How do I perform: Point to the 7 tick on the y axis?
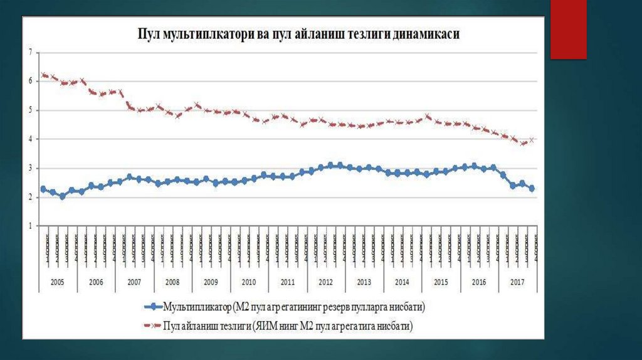pos(29,52)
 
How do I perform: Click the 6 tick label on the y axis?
pos(29,81)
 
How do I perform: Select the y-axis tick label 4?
pos(29,139)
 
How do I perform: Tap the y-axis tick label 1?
pos(29,226)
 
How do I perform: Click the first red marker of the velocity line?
pos(43,75)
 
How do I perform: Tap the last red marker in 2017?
pos(532,140)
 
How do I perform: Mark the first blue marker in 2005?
pos(43,189)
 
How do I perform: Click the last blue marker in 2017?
pos(532,188)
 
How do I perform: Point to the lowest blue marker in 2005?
pos(62,196)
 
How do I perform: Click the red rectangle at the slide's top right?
pos(568,29)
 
